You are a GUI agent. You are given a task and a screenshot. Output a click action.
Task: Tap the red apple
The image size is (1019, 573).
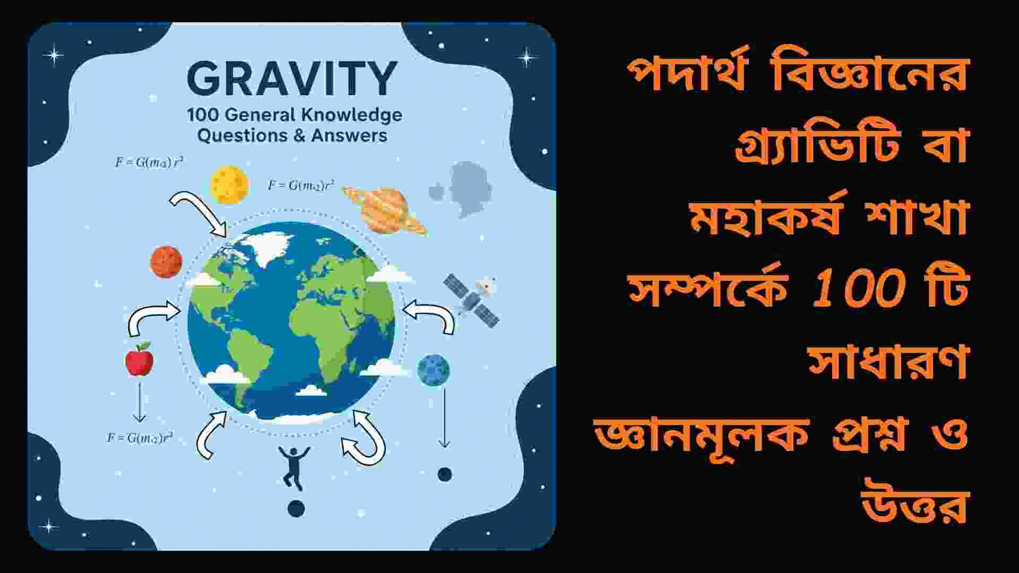click(x=139, y=360)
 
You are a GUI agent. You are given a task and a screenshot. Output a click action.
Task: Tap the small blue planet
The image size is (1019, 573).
click(x=433, y=370)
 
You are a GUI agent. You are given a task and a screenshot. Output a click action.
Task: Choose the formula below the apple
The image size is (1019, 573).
click(x=140, y=438)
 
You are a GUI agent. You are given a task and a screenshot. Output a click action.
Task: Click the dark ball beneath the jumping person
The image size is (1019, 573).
click(x=296, y=508)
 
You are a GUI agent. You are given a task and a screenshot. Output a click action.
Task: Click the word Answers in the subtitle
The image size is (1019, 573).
click(x=349, y=135)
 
